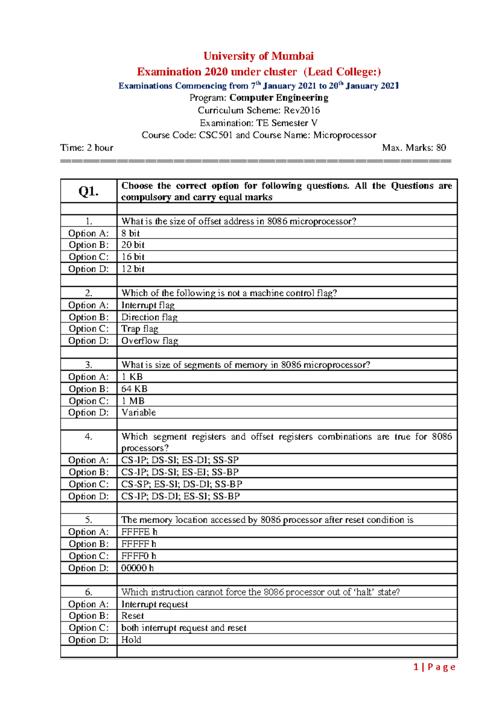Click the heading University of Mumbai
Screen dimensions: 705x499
[x=258, y=56]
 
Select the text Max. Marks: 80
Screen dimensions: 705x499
[x=414, y=148]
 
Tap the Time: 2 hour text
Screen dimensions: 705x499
[x=86, y=148]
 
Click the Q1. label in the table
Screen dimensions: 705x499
[x=89, y=191]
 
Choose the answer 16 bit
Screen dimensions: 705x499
[x=133, y=257]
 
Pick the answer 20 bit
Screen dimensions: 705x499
[x=133, y=245]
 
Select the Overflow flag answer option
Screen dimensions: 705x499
[x=150, y=341]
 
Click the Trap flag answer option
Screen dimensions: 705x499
[x=140, y=329]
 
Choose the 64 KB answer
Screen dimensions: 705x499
[x=134, y=389]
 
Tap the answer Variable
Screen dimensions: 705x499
[x=138, y=413]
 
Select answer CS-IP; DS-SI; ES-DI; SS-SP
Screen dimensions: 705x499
[x=180, y=460]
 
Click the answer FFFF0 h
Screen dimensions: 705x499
[x=138, y=556]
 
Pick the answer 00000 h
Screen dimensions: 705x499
[x=137, y=568]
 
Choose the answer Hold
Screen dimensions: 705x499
[x=131, y=640]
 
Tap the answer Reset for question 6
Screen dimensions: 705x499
[x=132, y=616]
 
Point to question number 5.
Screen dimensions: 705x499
[x=89, y=520]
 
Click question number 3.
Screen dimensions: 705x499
[x=89, y=365]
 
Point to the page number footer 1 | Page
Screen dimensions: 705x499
[x=434, y=667]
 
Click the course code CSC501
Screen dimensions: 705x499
[x=216, y=135]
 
